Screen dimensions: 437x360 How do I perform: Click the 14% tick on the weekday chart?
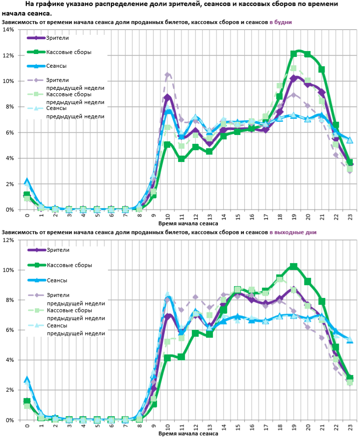[8, 29]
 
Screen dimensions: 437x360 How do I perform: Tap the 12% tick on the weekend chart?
[8, 240]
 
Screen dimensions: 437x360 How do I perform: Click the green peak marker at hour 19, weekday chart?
[294, 54]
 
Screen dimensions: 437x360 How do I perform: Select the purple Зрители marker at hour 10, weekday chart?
[168, 98]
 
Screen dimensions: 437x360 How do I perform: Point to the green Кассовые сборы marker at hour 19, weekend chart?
[294, 267]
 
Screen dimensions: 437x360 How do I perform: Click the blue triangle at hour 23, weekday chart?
[350, 140]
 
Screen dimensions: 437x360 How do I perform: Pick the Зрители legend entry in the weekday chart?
[57, 37]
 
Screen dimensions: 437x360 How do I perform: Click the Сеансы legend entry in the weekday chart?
[57, 66]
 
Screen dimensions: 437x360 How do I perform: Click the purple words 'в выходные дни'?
[293, 232]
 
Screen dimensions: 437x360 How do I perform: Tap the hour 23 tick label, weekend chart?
[350, 427]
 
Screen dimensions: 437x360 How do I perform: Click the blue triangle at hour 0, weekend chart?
[27, 380]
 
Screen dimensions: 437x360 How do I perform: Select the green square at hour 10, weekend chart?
[168, 358]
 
